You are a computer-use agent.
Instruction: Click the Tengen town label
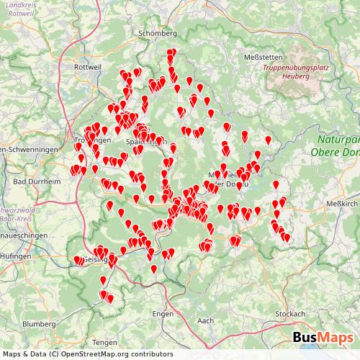tap(105, 343)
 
